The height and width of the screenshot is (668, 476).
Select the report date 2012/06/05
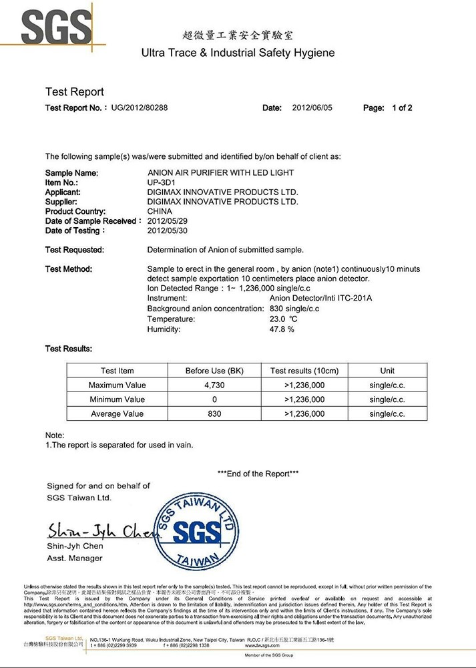tap(312, 108)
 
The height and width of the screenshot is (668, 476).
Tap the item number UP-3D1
tap(162, 182)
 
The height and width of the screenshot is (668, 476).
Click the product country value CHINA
tap(160, 211)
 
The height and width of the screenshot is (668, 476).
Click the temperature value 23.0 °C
tap(284, 319)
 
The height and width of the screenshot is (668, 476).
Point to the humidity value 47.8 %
tap(282, 329)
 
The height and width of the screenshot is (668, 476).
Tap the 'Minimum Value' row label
tap(117, 399)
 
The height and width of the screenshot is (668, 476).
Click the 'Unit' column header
tap(387, 371)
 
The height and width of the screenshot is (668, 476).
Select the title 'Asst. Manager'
tap(75, 558)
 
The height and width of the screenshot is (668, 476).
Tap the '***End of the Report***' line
tap(258, 474)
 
